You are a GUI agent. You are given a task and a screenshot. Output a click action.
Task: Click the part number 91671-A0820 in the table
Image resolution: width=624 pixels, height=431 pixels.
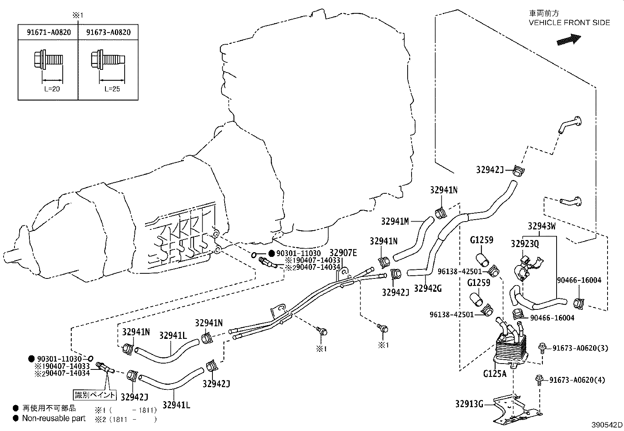click(x=49, y=33)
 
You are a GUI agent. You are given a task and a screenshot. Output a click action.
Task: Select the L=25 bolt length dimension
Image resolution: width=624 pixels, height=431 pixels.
click(x=112, y=89)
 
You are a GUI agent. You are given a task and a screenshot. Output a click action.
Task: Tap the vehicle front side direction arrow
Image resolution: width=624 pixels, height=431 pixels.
click(x=568, y=39)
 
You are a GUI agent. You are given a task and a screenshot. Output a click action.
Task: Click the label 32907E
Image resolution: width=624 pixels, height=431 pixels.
click(x=343, y=253)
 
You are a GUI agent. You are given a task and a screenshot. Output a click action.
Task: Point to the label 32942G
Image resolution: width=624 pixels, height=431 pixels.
click(x=428, y=289)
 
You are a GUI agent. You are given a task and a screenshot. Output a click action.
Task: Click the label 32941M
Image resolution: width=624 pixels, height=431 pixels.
click(x=395, y=222)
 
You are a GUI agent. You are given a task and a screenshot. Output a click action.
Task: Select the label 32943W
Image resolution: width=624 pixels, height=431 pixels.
click(x=542, y=226)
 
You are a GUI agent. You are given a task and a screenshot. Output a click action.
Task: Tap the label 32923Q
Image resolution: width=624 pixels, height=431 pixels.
click(x=524, y=244)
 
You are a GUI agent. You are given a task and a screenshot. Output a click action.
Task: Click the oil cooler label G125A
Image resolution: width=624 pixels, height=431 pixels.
click(x=495, y=374)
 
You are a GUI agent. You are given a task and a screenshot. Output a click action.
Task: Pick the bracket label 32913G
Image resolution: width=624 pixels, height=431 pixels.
click(x=469, y=404)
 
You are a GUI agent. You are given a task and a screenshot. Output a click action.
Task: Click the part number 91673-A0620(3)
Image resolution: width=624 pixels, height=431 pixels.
click(x=580, y=348)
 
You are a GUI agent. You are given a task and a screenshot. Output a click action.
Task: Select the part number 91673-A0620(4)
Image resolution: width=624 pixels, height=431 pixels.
click(x=577, y=380)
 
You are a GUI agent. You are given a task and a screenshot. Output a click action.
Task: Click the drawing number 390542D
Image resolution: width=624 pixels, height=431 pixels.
click(x=607, y=425)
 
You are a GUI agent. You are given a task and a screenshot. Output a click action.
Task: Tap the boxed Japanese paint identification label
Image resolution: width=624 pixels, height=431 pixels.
click(x=95, y=395)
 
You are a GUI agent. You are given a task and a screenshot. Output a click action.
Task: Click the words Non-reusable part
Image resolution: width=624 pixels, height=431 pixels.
click(x=54, y=418)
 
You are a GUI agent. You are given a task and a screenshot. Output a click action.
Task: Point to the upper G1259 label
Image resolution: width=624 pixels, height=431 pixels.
click(x=481, y=240)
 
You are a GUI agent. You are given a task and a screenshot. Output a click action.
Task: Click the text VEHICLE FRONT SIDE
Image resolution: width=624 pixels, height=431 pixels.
click(x=569, y=23)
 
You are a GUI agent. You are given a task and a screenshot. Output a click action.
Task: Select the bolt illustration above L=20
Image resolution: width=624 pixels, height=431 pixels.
click(x=47, y=61)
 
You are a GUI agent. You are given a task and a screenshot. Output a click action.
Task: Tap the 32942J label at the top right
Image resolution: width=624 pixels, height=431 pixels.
click(x=490, y=169)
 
